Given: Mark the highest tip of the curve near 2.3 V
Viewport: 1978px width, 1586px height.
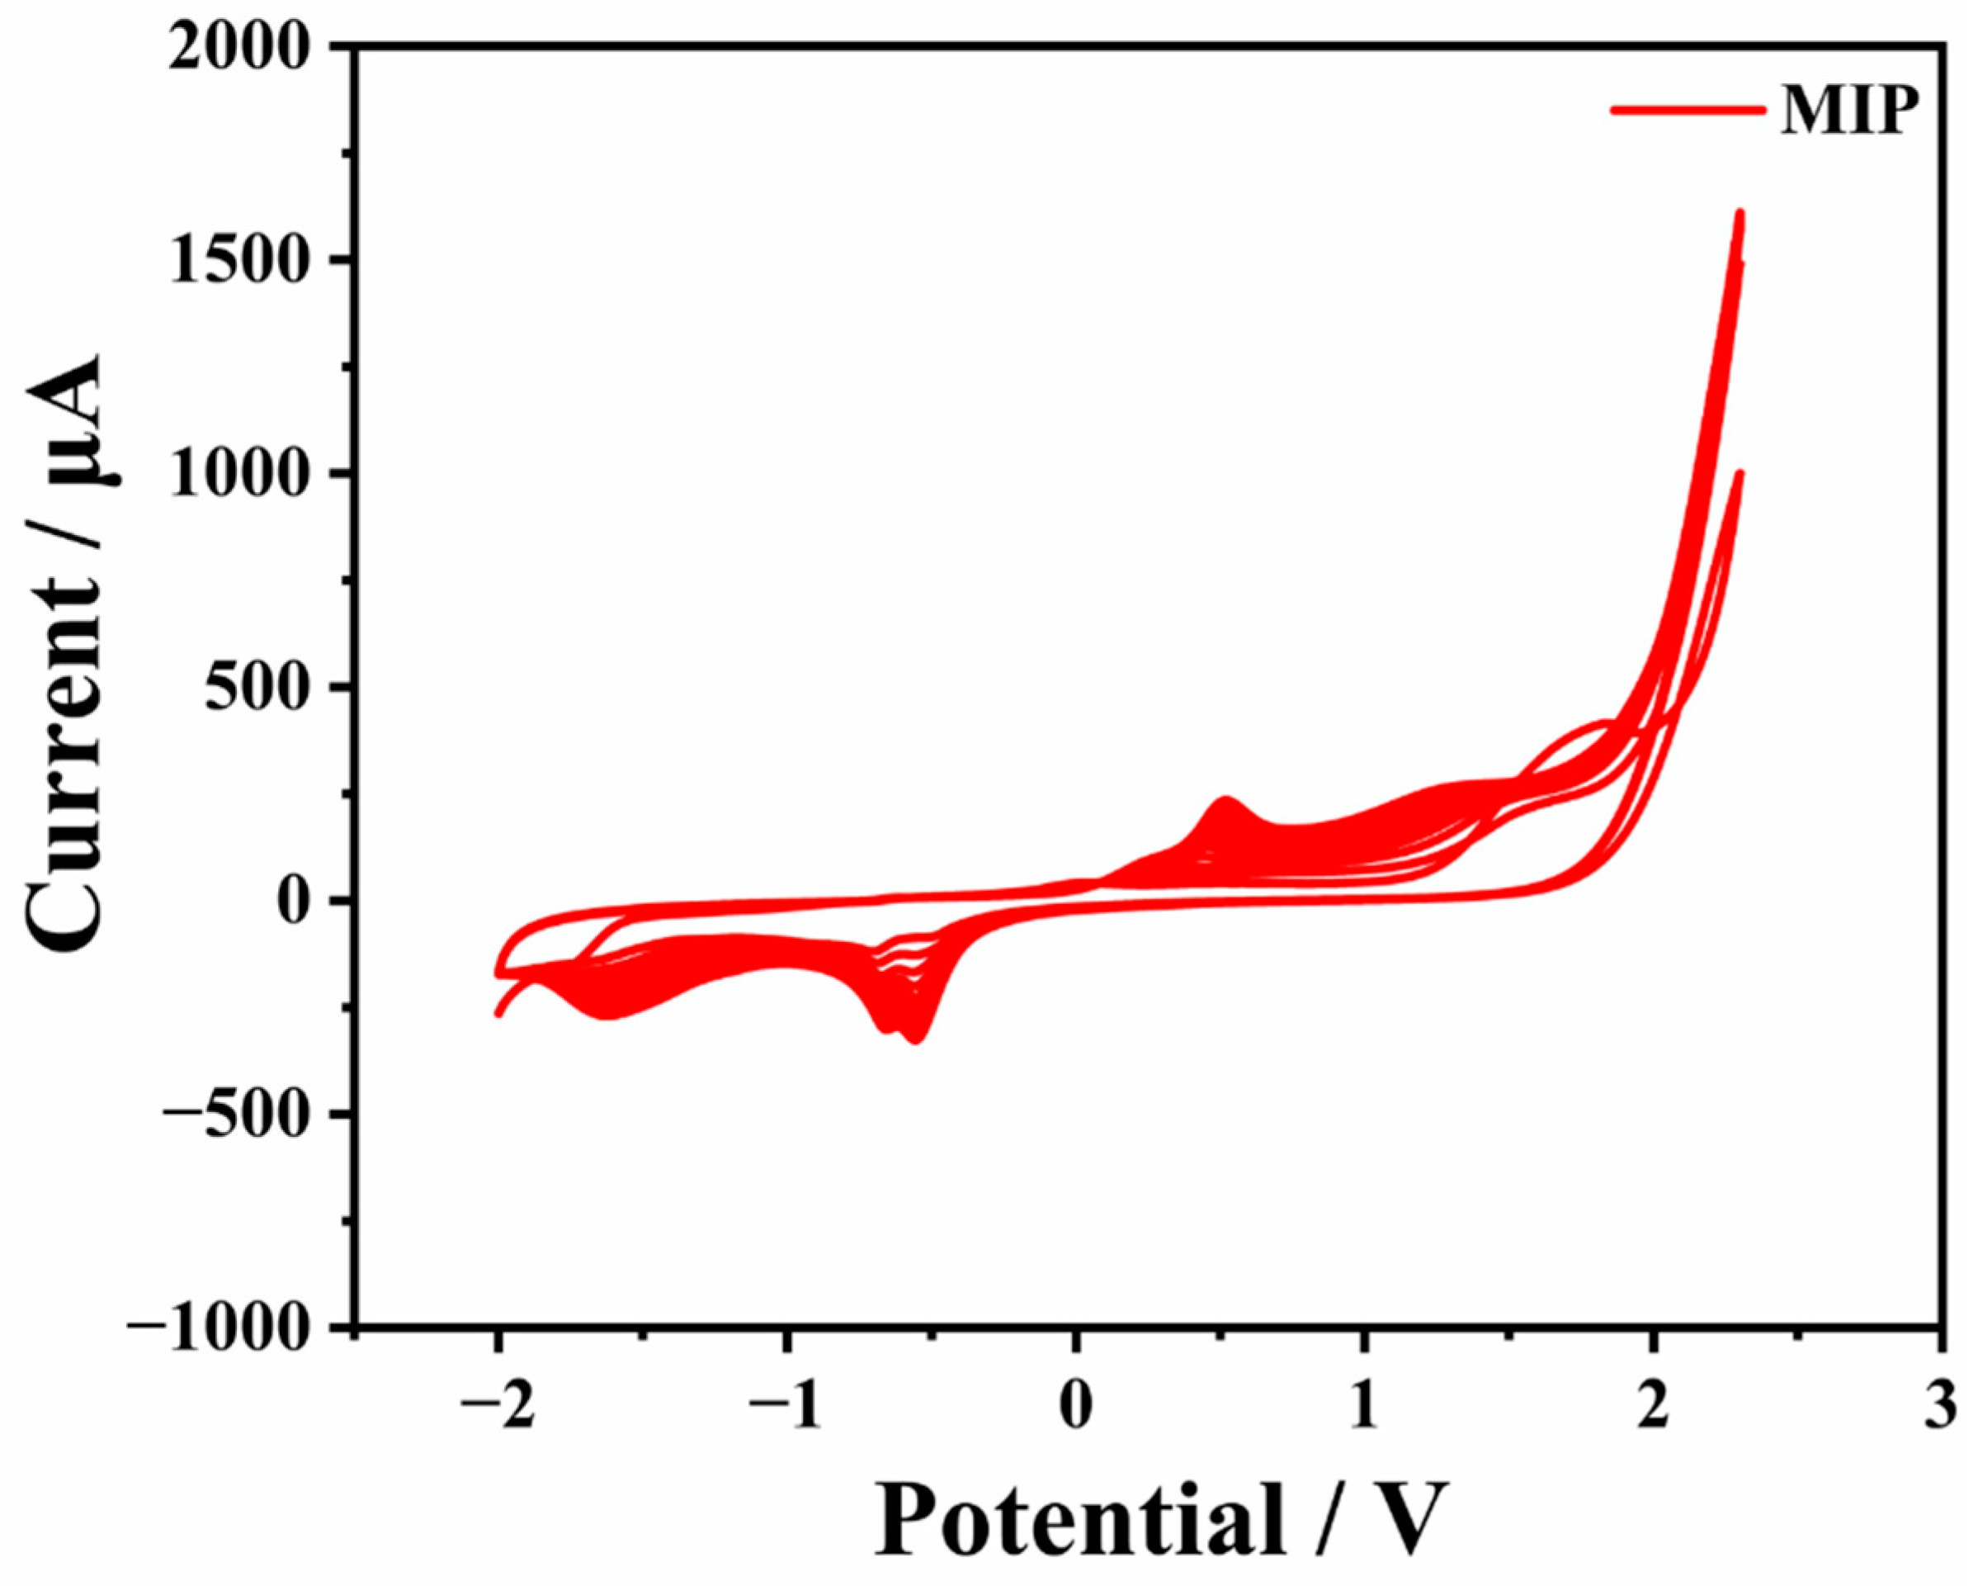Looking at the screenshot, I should [x=1739, y=213].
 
